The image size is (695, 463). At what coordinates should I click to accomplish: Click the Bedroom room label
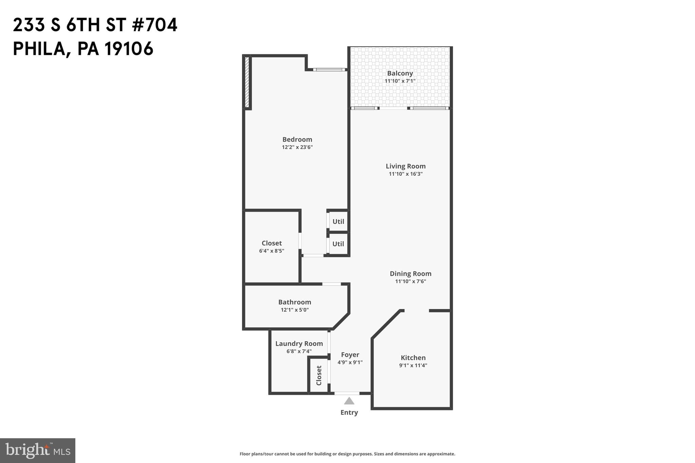297,139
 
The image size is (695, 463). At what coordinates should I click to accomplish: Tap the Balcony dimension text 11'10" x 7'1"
400,81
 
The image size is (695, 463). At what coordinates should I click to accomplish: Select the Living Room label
405,166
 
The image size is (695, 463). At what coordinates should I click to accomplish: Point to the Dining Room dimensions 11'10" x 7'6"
410,282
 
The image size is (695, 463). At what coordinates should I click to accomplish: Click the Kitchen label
413,358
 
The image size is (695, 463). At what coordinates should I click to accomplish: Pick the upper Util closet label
338,221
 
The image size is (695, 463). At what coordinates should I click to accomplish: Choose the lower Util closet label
338,244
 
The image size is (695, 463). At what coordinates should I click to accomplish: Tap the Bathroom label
295,302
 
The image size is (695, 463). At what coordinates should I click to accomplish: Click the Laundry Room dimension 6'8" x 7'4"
299,351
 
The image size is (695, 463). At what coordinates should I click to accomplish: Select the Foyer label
350,355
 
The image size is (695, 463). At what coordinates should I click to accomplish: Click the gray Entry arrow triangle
349,401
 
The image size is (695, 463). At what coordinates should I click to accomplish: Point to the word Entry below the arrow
349,412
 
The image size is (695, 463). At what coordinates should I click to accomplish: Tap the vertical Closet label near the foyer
319,375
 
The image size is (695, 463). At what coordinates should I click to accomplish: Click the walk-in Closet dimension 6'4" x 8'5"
271,251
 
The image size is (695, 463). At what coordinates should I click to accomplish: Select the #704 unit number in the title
154,25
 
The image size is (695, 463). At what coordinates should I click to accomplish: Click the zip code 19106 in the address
129,49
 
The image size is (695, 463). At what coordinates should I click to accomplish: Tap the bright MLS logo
37,450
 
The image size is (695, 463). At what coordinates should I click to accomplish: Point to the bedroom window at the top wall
329,70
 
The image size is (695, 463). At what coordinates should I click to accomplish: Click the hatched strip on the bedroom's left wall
247,82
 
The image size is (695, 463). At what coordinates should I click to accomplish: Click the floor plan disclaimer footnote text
347,454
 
